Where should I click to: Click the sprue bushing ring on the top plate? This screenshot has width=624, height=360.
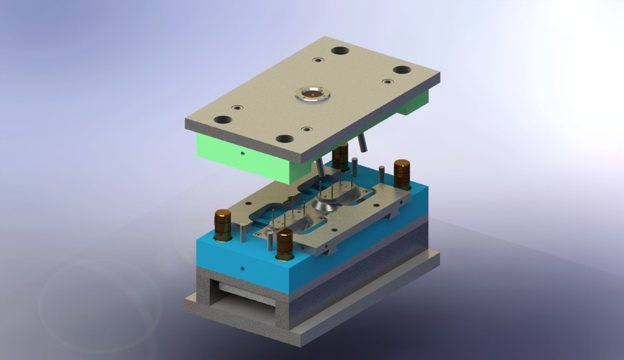click(x=313, y=94)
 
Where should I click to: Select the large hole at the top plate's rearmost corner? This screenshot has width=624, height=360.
click(x=339, y=51)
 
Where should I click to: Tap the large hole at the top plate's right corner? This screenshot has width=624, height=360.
click(x=401, y=70)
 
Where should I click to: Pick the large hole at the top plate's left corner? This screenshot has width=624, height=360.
click(x=223, y=120)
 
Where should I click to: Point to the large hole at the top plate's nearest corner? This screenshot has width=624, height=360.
click(x=285, y=138)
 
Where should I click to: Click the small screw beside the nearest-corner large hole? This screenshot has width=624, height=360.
click(x=305, y=129)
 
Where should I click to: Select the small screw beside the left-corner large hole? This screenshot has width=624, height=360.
click(x=237, y=108)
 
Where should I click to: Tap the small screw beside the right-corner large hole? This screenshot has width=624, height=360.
click(x=387, y=82)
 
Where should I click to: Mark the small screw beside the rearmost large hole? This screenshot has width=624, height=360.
click(x=318, y=60)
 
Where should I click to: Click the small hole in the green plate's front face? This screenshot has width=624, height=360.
click(x=242, y=155)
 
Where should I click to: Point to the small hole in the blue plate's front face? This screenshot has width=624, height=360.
click(x=242, y=266)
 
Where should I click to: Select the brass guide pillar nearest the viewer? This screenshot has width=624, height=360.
click(x=285, y=244)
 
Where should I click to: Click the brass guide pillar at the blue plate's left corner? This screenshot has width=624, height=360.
click(x=223, y=224)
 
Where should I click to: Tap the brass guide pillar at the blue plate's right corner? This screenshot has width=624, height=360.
click(x=402, y=174)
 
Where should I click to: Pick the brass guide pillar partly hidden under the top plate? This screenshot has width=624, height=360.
click(x=340, y=159)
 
